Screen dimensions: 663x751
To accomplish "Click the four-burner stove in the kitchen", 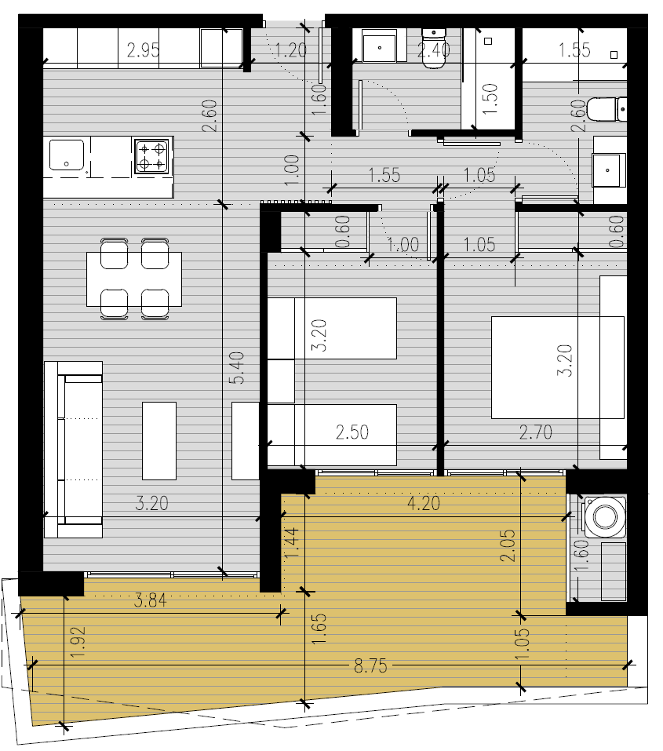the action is tap(151, 156).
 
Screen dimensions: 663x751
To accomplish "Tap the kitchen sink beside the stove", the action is tap(67, 155).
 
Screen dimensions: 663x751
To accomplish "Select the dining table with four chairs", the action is tap(134, 279).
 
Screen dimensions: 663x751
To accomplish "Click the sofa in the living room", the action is tap(73, 449).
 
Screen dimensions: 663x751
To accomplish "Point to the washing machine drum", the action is tap(605, 516).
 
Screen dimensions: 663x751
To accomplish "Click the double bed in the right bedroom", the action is tap(558, 367).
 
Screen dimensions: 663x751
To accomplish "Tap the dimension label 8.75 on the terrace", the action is tap(370, 665).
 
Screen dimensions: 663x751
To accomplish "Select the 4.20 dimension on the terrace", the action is tap(424, 503).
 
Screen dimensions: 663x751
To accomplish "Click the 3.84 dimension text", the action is tap(150, 600).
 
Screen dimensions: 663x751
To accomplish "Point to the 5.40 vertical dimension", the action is tap(237, 368).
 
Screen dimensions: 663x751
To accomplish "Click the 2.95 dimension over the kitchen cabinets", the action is tap(144, 50).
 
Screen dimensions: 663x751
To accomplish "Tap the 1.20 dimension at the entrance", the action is tap(290, 50).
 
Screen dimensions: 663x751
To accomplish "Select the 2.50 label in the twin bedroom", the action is tap(352, 432).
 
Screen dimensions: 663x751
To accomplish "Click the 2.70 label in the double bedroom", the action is tap(536, 432).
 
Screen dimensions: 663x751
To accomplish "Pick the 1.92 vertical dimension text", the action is tap(78, 642).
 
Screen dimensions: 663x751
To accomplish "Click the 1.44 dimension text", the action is tap(292, 543).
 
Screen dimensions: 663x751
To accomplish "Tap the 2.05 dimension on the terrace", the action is tap(508, 545).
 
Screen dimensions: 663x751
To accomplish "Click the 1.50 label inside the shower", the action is tap(490, 99).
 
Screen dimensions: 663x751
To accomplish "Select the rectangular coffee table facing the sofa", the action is tap(159, 441).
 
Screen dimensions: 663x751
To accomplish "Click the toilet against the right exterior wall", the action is tap(607, 109).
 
